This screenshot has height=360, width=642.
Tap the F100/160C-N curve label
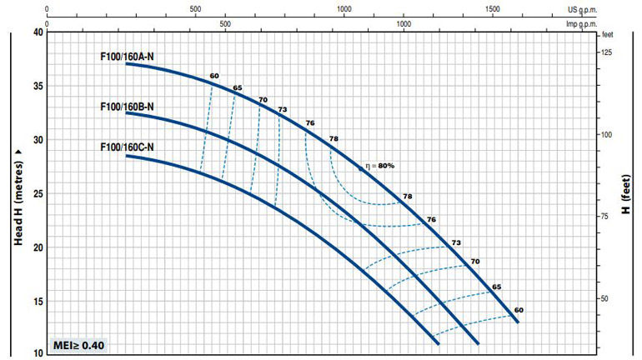tap(126, 147)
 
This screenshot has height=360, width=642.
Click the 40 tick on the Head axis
tap(38, 32)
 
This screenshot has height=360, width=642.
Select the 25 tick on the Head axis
tap(38, 193)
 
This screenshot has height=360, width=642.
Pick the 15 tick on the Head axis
tap(38, 301)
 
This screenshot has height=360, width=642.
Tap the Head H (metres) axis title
tap(18, 192)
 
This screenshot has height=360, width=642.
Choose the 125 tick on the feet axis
tap(607, 52)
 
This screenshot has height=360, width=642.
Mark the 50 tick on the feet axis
tap(608, 299)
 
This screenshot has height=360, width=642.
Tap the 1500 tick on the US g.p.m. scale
tap(492, 8)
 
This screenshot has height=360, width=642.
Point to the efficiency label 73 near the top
tap(283, 110)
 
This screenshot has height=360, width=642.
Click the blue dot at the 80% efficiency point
tap(361, 168)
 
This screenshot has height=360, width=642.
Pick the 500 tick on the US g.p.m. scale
tap(195, 8)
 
